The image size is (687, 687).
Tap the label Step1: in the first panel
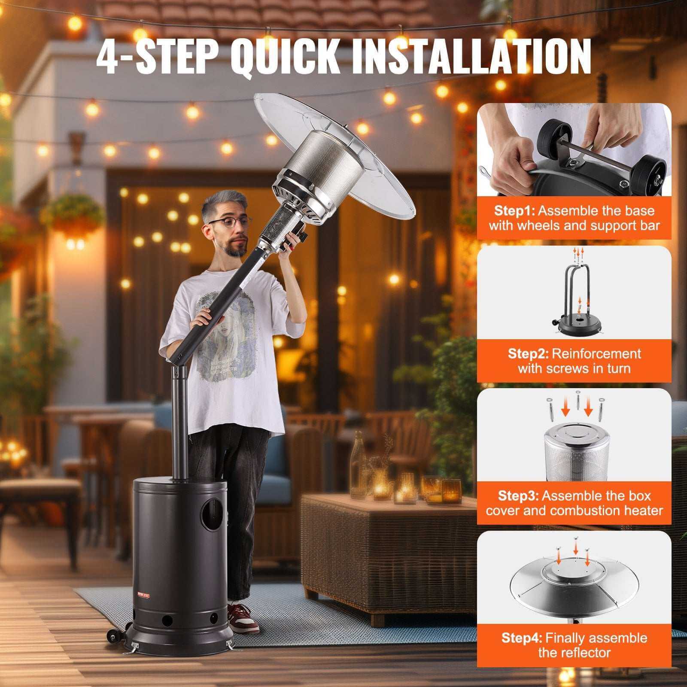click(514, 210)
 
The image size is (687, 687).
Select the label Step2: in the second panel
click(528, 353)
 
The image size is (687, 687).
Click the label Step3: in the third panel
click(518, 496)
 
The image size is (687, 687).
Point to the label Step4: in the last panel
click(522, 638)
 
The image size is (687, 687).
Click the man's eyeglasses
click(230, 222)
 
